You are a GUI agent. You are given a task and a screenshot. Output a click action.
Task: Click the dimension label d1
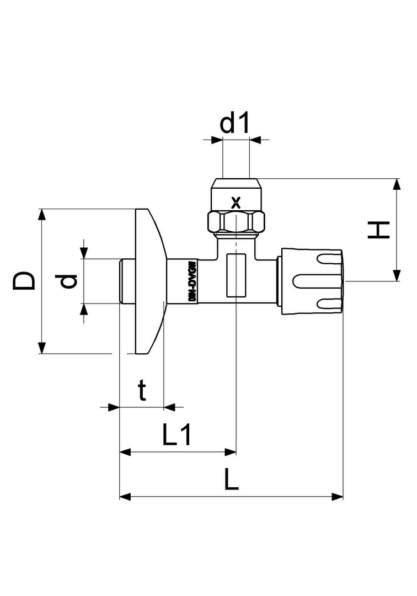click(236, 124)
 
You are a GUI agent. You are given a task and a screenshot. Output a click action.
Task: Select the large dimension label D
click(24, 281)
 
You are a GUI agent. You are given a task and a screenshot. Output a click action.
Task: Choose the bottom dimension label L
click(232, 481)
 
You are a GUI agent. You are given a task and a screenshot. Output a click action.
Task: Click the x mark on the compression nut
click(236, 202)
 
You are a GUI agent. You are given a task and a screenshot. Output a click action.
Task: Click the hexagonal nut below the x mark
click(236, 222)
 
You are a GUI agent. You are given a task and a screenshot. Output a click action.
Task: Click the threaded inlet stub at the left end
click(127, 281)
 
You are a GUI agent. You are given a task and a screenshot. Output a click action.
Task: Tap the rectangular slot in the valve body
click(236, 274)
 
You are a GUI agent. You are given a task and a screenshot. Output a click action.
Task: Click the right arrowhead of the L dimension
click(338, 497)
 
